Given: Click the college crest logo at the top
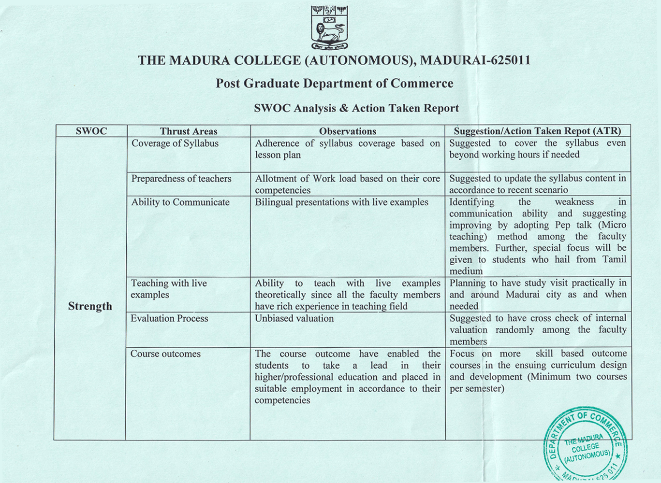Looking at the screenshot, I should tap(330, 28).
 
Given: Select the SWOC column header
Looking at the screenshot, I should tap(91, 131).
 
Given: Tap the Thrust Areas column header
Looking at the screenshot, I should tap(189, 131).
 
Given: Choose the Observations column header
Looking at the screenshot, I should tap(347, 131).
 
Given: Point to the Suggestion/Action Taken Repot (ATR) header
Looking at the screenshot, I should tap(537, 131).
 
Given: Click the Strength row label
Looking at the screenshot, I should tap(90, 306).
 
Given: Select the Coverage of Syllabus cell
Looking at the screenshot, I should tap(175, 143).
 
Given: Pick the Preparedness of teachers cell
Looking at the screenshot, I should tap(181, 179).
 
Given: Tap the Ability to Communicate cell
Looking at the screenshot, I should tap(180, 202).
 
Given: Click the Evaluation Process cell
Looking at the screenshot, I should tap(169, 319).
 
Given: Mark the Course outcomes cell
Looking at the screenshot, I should tap(165, 354).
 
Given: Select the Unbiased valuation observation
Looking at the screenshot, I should tap(294, 319).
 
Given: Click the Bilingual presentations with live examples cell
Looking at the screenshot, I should tap(341, 202).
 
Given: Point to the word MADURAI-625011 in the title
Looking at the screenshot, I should tap(475, 60).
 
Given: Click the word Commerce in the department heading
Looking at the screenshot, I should tap(422, 84).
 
